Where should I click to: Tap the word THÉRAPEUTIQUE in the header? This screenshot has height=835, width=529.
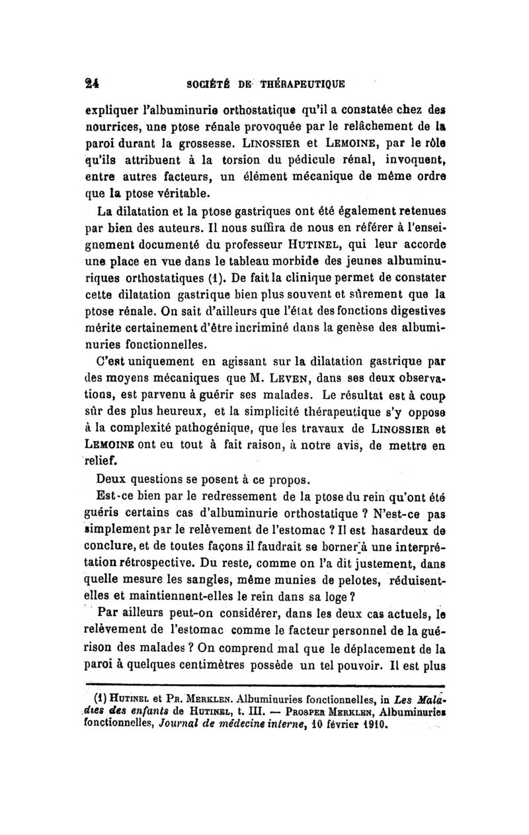(301, 85)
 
